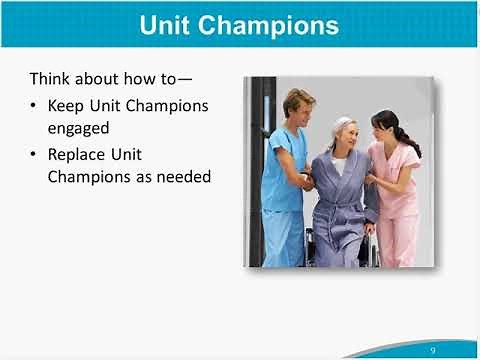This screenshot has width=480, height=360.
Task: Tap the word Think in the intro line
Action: [50, 78]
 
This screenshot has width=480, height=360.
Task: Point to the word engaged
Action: [77, 128]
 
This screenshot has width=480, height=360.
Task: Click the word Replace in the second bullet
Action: [76, 156]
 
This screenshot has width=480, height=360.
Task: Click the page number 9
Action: [432, 350]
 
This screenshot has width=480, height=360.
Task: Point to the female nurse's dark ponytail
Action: [409, 140]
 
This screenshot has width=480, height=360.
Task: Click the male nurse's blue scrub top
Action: [282, 170]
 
